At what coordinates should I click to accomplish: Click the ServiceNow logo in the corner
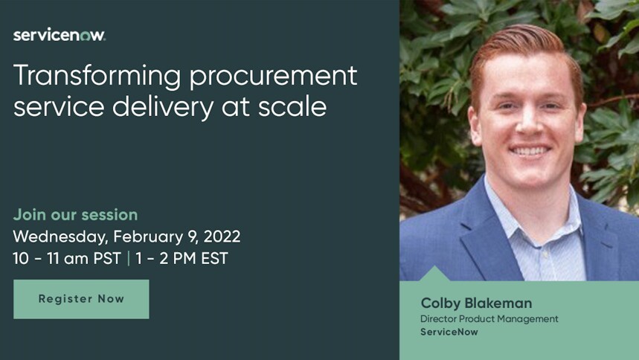click(60, 35)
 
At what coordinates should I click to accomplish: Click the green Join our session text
click(75, 215)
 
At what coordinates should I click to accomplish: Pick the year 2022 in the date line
click(219, 237)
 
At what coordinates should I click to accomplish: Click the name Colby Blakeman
click(476, 303)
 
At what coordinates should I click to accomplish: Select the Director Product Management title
click(489, 319)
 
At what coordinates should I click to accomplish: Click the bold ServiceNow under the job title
click(449, 332)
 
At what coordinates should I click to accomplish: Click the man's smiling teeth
click(530, 150)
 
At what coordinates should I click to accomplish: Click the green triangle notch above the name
click(436, 274)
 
